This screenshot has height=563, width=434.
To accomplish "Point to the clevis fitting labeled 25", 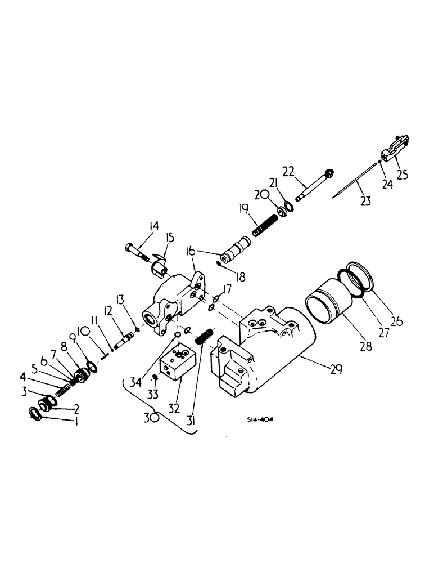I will (x=394, y=149).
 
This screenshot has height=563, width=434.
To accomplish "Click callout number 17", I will (x=227, y=289).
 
